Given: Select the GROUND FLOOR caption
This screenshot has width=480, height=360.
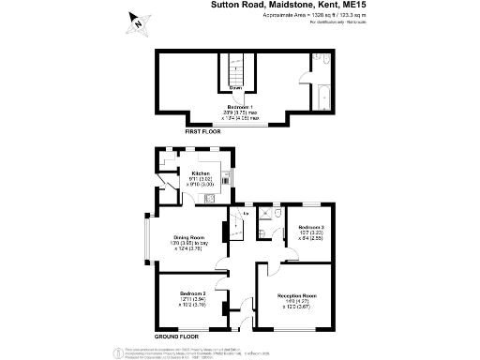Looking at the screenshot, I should click(177, 335).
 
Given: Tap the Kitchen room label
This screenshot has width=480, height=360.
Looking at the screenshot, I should click(200, 173).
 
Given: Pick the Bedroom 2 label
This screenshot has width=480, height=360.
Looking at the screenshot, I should click(193, 292).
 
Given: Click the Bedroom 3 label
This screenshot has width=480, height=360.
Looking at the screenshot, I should click(311, 228).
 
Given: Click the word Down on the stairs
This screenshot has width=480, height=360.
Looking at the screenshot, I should click(237, 88).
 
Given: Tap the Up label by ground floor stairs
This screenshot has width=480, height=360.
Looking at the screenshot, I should click(246, 214).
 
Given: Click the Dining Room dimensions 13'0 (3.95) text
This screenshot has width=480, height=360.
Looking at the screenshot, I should click(182, 244).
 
